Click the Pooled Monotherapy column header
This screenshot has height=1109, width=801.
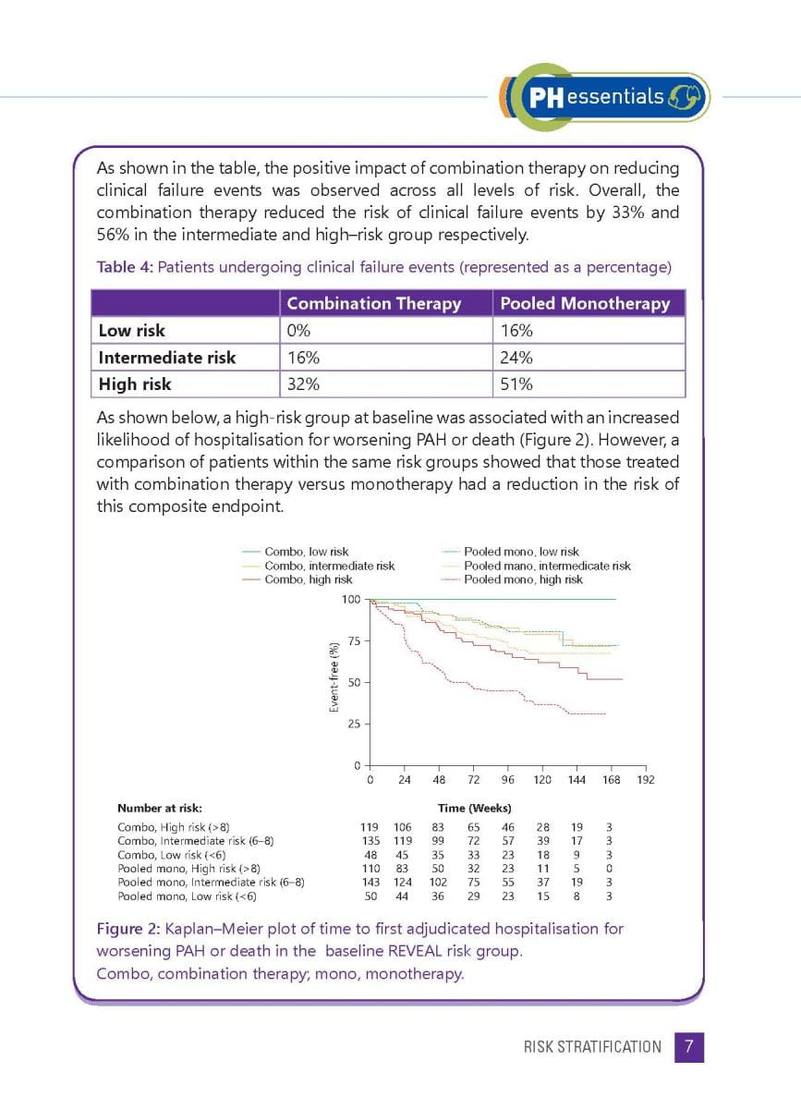585,303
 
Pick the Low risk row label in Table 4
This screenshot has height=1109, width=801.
132,330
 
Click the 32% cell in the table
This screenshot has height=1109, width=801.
302,384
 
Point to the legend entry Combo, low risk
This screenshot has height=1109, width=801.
306,552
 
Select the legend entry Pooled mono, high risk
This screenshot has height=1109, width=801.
523,579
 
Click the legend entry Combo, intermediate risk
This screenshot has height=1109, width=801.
329,566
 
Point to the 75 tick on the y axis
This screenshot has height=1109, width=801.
354,641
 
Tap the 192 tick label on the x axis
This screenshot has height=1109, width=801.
646,780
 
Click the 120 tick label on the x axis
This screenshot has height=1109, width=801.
542,780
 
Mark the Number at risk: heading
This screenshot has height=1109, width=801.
160,808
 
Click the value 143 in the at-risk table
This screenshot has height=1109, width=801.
369,883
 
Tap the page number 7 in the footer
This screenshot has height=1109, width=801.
689,1047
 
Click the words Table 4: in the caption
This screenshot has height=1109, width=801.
125,268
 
